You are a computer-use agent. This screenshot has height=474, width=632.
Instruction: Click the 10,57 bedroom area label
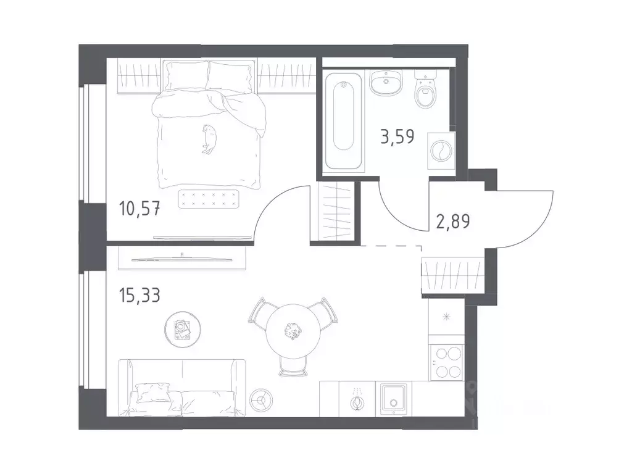tap(139, 210)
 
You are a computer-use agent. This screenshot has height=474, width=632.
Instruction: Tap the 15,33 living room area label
tap(139, 295)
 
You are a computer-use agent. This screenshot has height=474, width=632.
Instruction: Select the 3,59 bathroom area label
tap(397, 136)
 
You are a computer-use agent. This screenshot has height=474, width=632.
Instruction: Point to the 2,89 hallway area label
tap(453, 222)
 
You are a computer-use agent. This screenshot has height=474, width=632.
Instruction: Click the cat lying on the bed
tap(209, 139)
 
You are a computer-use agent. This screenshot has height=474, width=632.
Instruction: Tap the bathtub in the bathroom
tap(343, 120)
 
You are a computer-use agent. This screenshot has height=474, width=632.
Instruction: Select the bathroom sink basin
tap(386, 82)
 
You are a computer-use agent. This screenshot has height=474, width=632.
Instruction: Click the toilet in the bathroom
tap(426, 89)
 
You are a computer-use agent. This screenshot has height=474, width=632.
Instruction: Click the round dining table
tap(294, 331)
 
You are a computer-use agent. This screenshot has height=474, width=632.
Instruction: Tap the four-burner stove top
tap(446, 362)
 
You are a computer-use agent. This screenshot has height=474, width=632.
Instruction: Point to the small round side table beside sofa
tap(261, 400)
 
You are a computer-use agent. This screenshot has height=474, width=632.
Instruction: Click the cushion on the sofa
tap(152, 393)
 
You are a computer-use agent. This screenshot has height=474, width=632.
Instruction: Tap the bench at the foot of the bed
tap(209, 199)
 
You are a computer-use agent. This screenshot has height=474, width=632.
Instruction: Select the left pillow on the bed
tap(187, 76)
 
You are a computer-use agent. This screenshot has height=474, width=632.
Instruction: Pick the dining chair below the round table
tap(293, 367)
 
